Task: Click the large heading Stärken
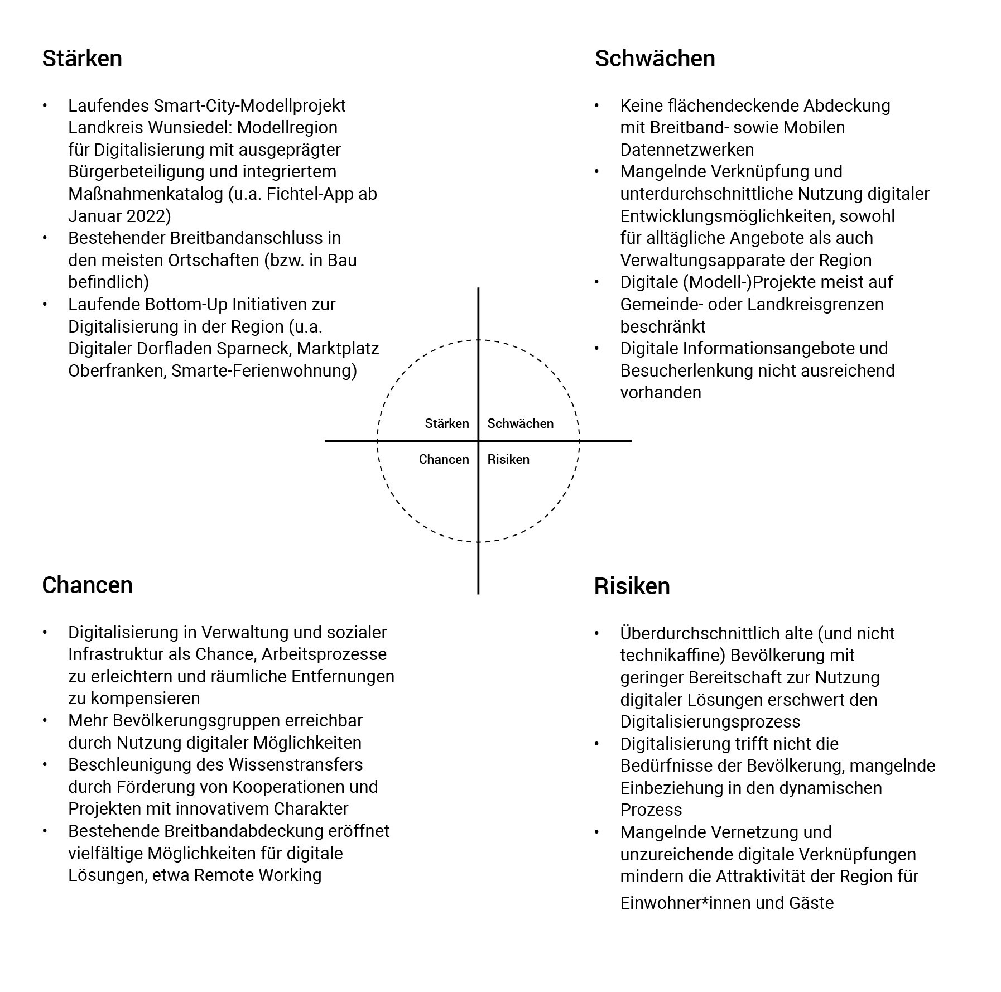pos(82,59)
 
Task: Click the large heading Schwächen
pos(654,59)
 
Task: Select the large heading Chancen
pos(87,585)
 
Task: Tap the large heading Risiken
pos(632,586)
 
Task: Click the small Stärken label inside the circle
pos(446,423)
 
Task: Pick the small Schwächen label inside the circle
pos(520,423)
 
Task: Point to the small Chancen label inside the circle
pos(444,459)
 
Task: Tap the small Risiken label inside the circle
pos(508,459)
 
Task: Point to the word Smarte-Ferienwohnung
pos(263,371)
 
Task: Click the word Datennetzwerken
pos(687,150)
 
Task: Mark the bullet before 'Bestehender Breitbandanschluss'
pos(45,238)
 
